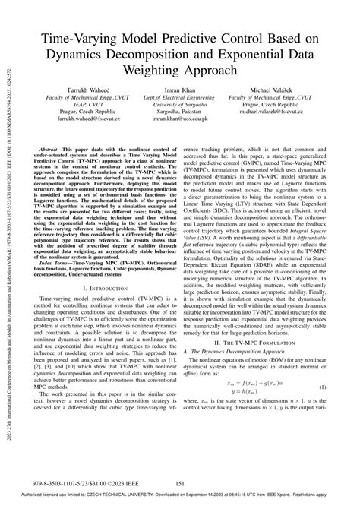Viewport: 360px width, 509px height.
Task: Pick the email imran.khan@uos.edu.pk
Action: (179, 119)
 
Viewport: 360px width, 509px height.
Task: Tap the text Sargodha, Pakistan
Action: (179, 112)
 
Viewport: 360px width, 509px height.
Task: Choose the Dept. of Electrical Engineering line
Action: (179, 97)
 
